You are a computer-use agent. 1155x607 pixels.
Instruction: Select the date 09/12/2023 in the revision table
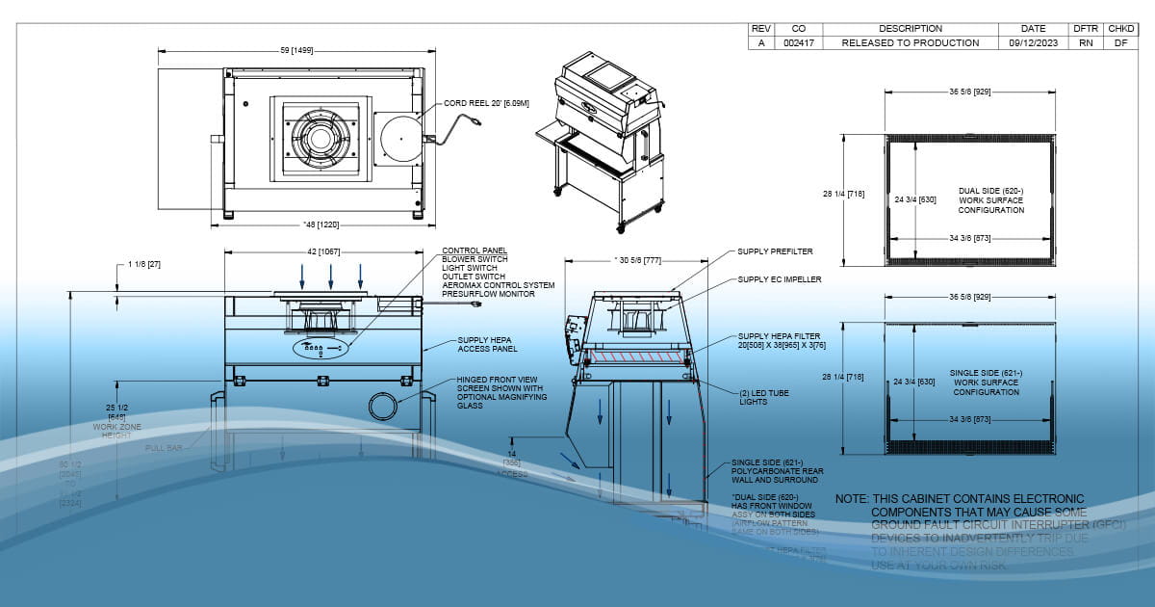[1034, 43]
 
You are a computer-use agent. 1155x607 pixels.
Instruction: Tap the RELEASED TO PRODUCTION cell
[910, 43]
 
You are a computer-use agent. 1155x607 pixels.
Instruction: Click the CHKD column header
[1122, 29]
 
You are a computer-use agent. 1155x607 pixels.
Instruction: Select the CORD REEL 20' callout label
[486, 103]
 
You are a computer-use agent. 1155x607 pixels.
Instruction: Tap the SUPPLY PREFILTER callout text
[775, 251]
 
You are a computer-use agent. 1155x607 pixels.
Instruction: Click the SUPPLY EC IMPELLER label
[780, 279]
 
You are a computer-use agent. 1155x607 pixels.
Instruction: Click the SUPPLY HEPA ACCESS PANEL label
[485, 345]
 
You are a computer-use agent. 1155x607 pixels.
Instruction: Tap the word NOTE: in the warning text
[851, 499]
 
